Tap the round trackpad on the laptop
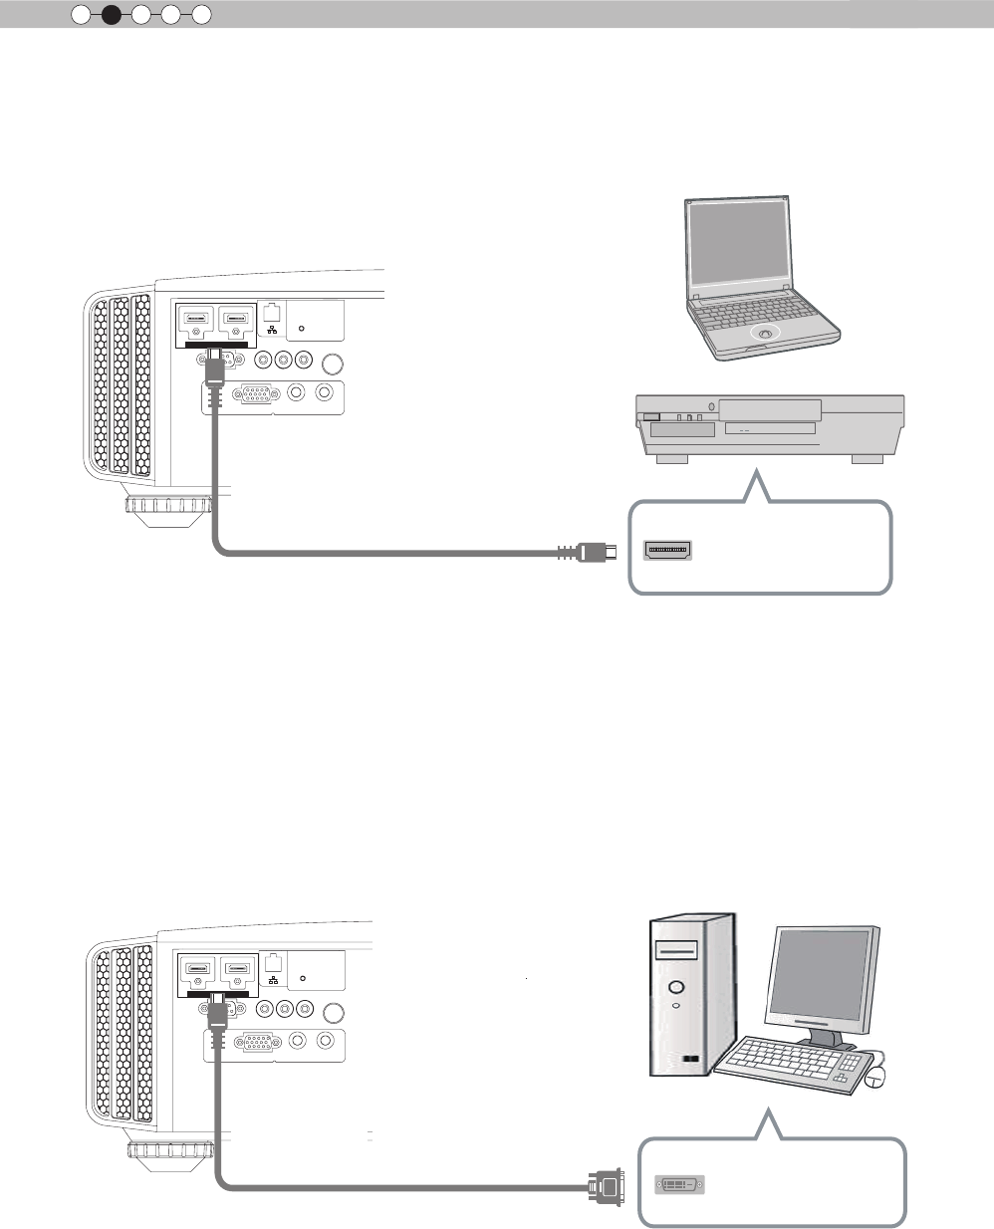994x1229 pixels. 764,335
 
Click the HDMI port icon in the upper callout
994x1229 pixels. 669,550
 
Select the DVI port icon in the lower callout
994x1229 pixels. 679,1185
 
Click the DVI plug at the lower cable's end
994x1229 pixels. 606,1185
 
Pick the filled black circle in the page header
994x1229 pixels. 112,14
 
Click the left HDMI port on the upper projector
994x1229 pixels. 196,322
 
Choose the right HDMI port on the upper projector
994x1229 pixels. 237,322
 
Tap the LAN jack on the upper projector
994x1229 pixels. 274,311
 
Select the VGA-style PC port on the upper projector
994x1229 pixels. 255,393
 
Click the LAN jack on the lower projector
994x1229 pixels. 273,962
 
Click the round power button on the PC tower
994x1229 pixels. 677,988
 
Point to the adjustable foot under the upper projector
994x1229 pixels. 168,508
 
